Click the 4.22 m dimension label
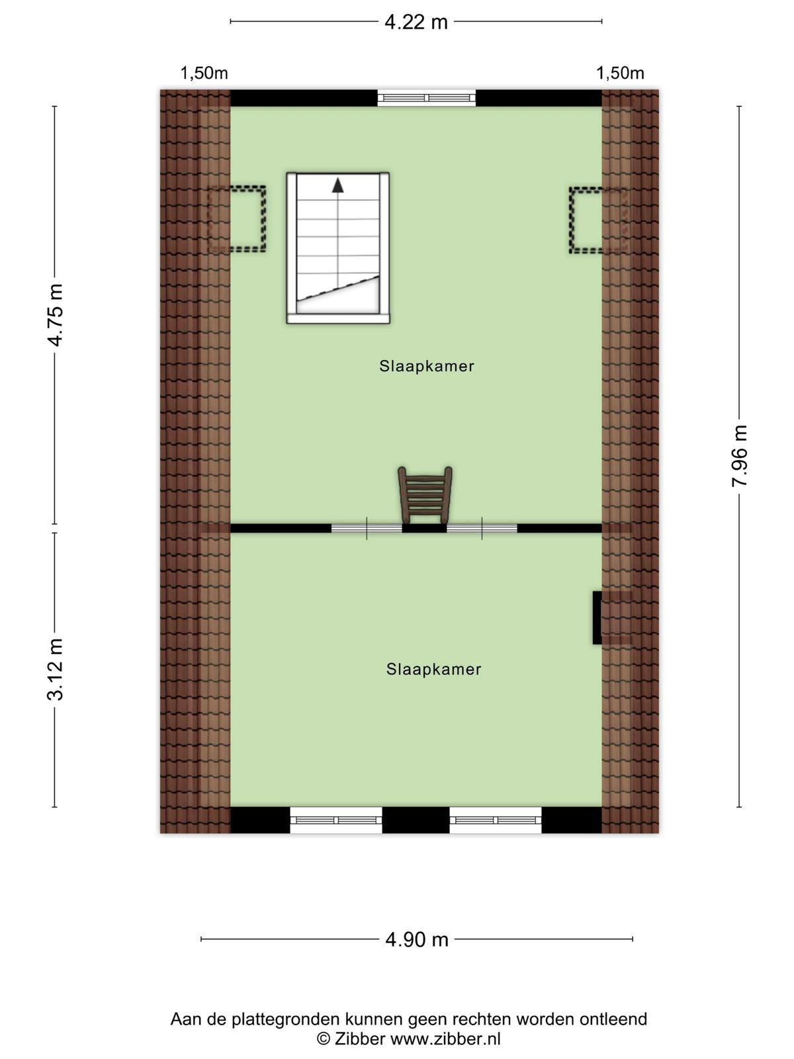click(416, 23)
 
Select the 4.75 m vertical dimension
click(54, 316)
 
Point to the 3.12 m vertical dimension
click(54, 669)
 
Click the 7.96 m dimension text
click(739, 455)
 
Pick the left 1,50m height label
click(204, 73)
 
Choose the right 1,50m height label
click(620, 73)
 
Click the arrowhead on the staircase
click(337, 185)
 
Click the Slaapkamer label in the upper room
click(427, 366)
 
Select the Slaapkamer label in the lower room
click(433, 669)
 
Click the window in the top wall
click(426, 98)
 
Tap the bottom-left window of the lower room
click(336, 820)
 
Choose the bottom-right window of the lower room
click(496, 820)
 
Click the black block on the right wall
click(597, 618)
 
